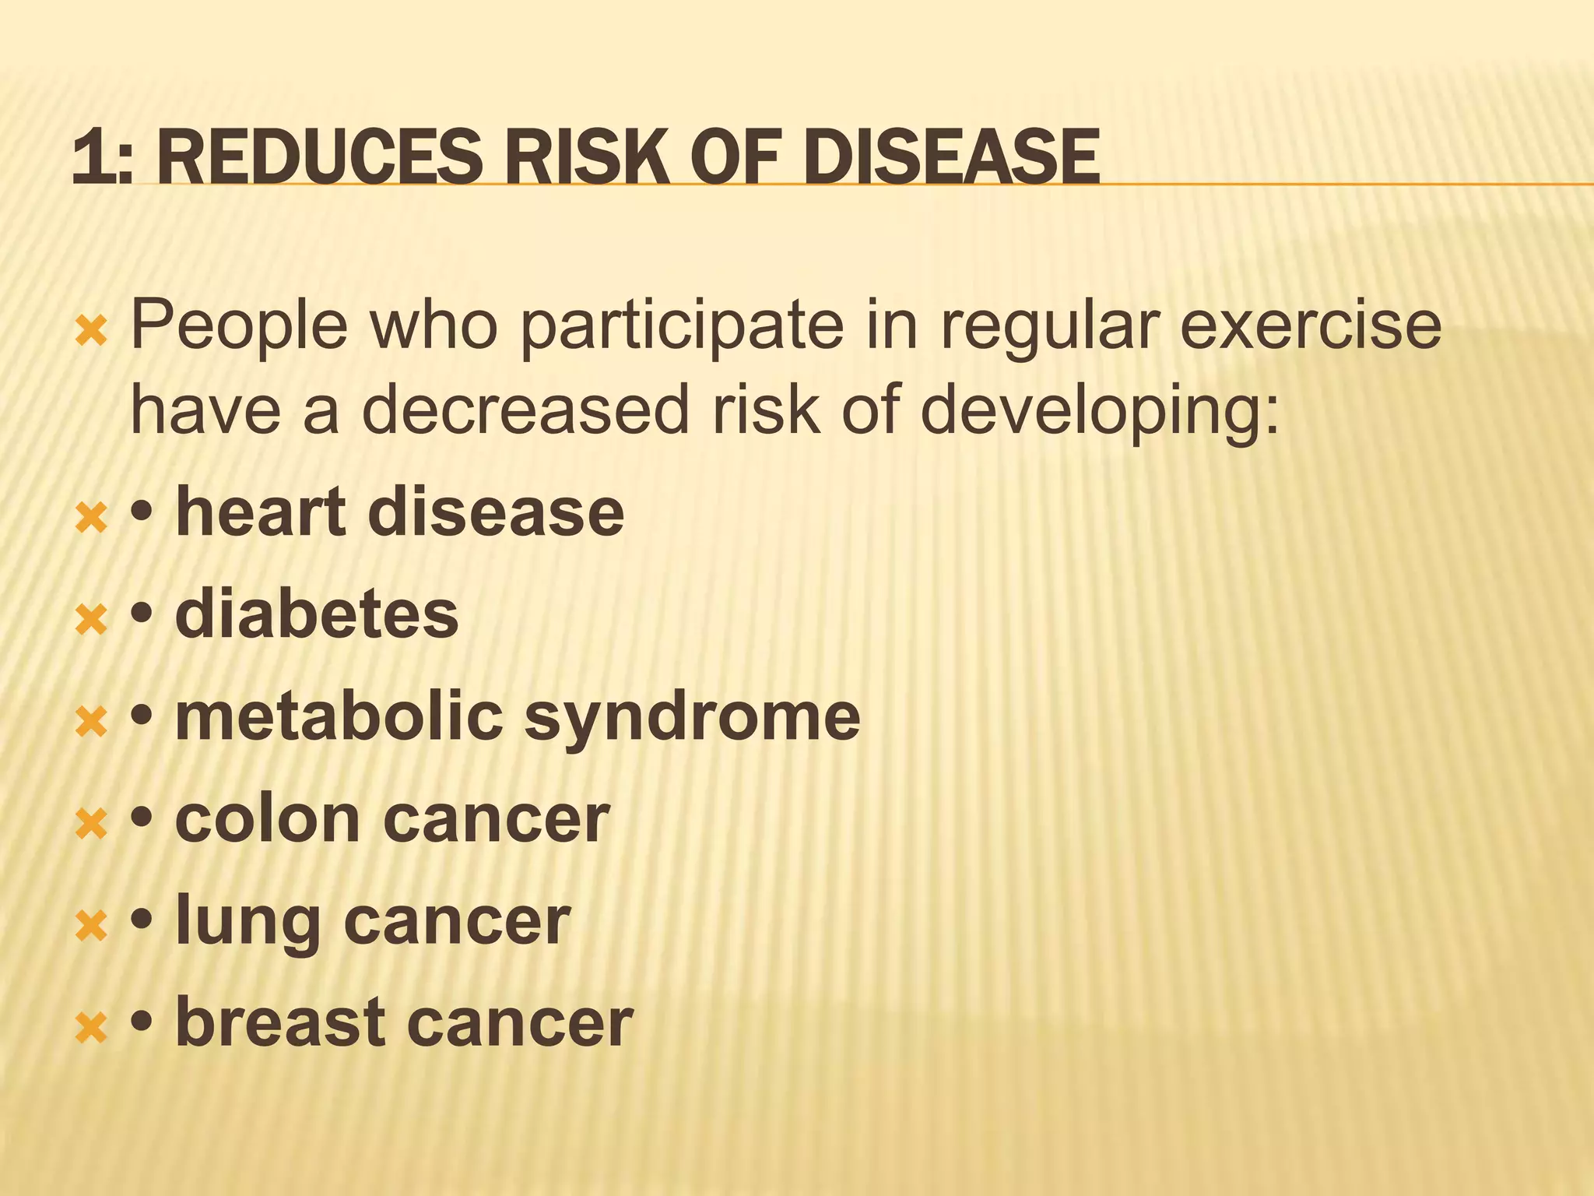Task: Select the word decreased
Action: tap(525, 410)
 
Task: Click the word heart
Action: tap(260, 512)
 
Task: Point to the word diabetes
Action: tap(317, 614)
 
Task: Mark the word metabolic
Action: tap(339, 716)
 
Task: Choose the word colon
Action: tap(267, 818)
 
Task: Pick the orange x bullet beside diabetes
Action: tap(92, 621)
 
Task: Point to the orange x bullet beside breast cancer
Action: tap(92, 1029)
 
